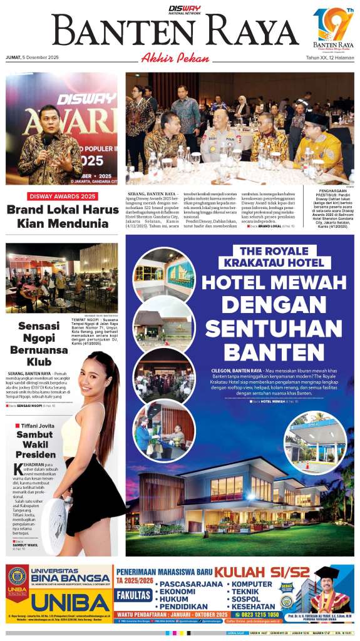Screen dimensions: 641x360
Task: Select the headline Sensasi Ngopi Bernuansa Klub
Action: [43, 344]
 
